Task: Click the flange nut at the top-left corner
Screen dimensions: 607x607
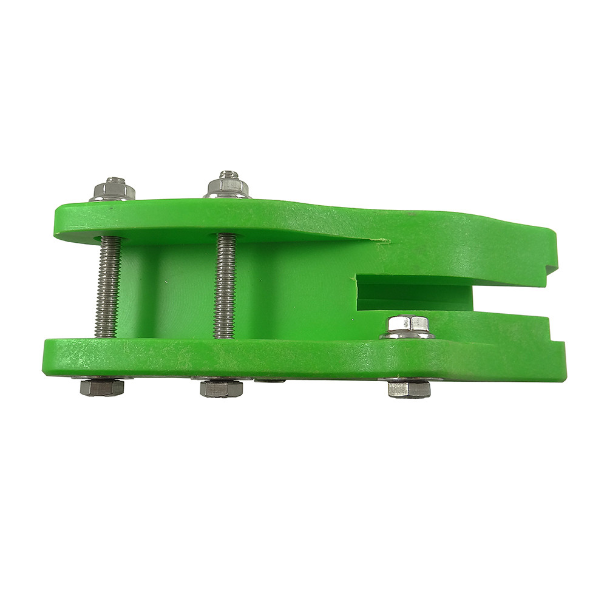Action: (x=112, y=191)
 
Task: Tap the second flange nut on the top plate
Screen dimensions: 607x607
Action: (x=226, y=187)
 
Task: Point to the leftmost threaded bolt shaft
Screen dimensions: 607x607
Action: (x=109, y=285)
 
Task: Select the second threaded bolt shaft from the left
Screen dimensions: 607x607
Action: (x=224, y=285)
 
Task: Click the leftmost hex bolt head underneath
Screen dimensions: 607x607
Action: (x=101, y=387)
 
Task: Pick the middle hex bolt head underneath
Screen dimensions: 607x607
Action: (x=222, y=388)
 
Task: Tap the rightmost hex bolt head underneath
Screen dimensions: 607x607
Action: (x=409, y=388)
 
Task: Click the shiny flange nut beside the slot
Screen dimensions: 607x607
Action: (x=407, y=328)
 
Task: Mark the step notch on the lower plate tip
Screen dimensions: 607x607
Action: (x=555, y=337)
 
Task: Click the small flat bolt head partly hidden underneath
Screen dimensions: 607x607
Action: (x=270, y=381)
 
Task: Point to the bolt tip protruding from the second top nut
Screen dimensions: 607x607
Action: (x=228, y=175)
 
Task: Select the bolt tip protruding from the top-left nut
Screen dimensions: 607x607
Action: (x=114, y=181)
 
